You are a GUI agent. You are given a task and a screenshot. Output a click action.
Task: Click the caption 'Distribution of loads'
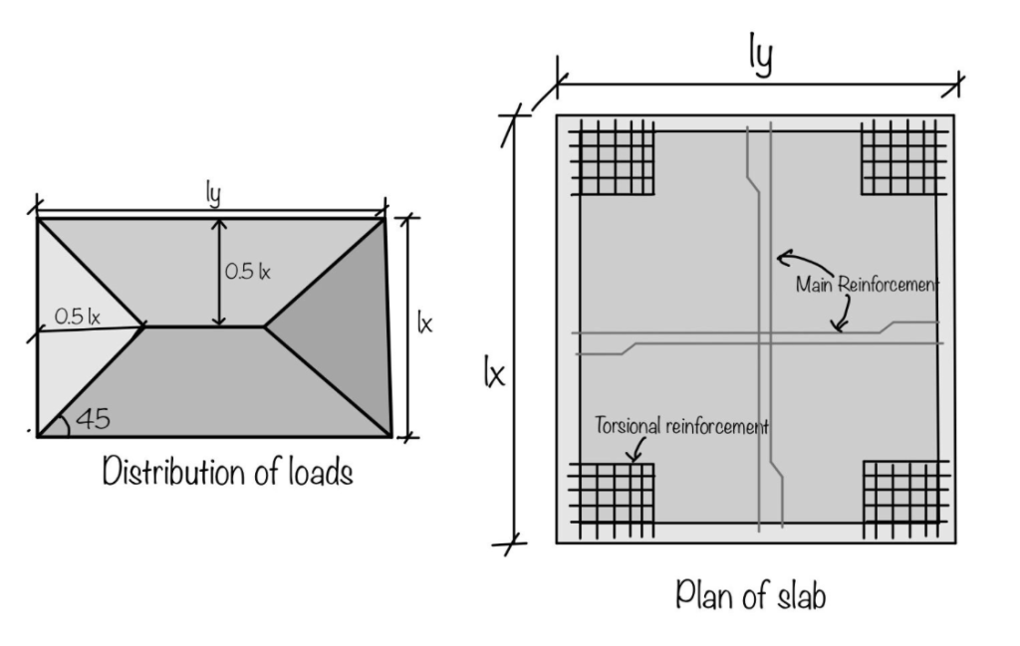228,472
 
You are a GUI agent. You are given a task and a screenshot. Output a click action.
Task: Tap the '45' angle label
92,419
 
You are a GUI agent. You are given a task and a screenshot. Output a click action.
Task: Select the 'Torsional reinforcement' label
681,426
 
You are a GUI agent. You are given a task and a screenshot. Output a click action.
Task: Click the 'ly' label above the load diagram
212,194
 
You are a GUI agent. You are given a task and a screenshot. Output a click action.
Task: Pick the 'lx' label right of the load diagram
425,324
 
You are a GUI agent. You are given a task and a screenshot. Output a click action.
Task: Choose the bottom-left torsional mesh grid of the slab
612,498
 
